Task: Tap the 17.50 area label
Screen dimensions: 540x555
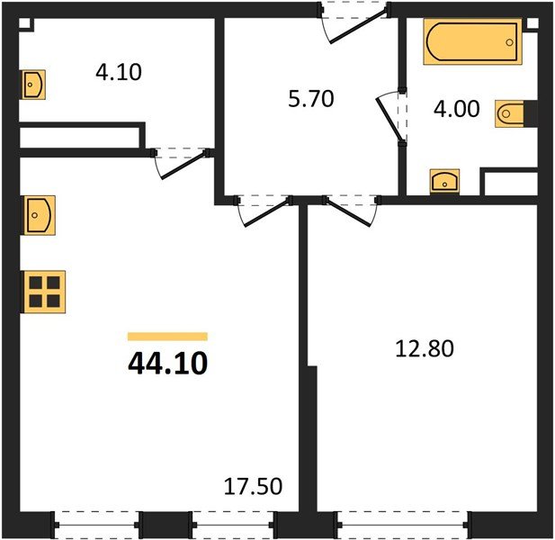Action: click(x=253, y=487)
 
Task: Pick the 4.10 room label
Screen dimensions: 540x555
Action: click(x=118, y=71)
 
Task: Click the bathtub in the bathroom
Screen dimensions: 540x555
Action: click(x=471, y=41)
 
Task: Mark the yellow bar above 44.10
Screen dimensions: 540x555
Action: click(x=167, y=337)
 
